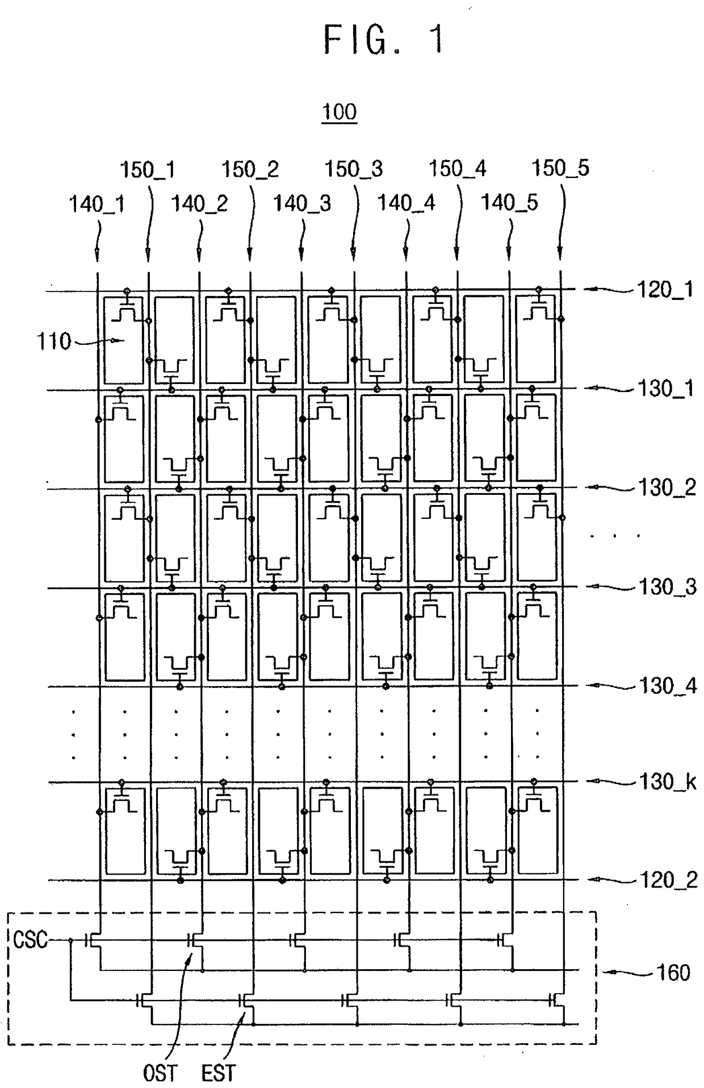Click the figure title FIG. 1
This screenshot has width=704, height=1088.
click(383, 40)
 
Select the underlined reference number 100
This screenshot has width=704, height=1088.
click(339, 111)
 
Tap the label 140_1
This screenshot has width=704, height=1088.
click(97, 203)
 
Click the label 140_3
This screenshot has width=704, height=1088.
click(302, 203)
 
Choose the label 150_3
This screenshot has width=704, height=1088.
click(353, 169)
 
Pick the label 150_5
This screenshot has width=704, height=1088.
click(560, 168)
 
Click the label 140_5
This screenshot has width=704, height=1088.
click(509, 202)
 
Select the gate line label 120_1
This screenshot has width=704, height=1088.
click(665, 290)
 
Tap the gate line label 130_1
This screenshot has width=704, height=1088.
click(665, 389)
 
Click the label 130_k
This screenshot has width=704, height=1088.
click(667, 782)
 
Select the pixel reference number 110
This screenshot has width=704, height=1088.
click(54, 341)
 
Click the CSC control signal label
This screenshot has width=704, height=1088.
click(30, 940)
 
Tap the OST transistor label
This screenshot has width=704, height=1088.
click(160, 1073)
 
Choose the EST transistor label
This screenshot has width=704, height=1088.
click(218, 1073)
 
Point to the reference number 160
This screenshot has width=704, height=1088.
click(673, 972)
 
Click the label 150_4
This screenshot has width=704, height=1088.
click(457, 168)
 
